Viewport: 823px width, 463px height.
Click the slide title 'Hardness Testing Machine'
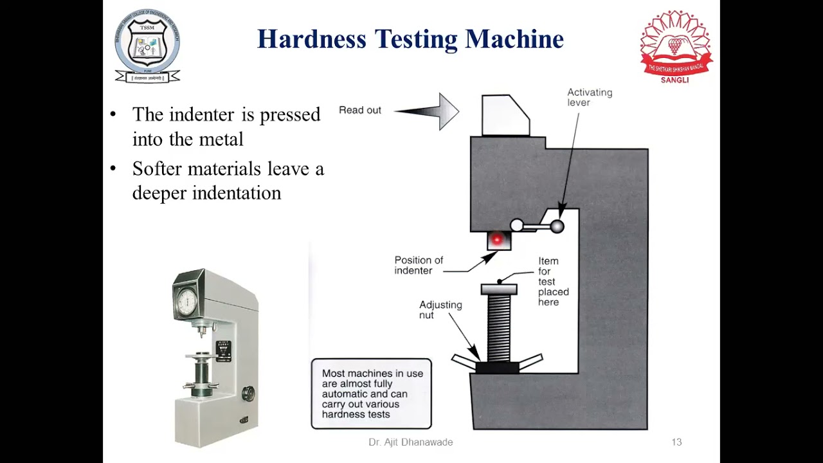(x=410, y=39)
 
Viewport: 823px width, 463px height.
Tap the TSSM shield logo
(x=147, y=46)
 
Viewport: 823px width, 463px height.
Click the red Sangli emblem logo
(x=676, y=45)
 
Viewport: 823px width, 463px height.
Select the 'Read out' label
(x=360, y=110)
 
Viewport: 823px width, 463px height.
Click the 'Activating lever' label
(x=589, y=97)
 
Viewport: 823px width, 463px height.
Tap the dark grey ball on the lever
(x=557, y=226)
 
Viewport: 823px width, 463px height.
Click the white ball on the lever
(x=517, y=225)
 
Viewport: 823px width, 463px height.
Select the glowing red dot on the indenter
(x=496, y=240)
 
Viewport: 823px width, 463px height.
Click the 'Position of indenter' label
(x=419, y=265)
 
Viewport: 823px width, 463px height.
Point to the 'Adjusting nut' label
(x=440, y=309)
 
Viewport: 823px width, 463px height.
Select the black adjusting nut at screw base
(x=497, y=367)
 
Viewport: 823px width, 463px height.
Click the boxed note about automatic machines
(x=371, y=394)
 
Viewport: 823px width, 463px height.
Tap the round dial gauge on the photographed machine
(x=188, y=300)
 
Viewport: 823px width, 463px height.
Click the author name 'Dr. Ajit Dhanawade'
(x=410, y=442)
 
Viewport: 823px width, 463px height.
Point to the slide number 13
(x=676, y=442)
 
